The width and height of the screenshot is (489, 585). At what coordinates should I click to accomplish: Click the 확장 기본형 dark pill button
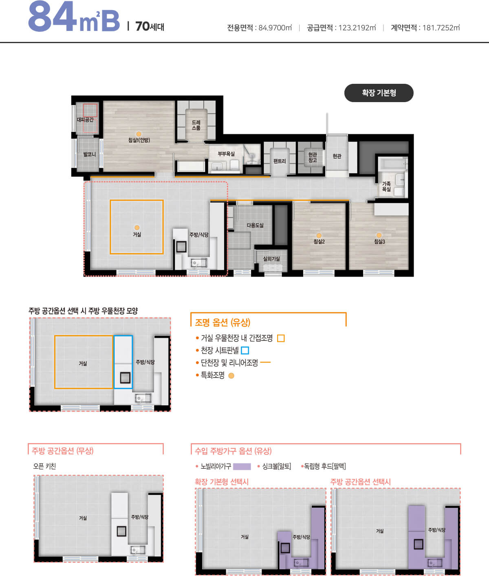coord(379,93)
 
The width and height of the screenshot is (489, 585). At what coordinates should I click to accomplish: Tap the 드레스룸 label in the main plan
coord(196,125)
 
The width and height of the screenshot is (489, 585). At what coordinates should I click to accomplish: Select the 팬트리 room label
coord(280,161)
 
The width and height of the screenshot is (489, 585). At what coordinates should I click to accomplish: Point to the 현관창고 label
coord(313,157)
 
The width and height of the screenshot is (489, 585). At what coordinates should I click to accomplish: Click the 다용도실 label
coord(255,225)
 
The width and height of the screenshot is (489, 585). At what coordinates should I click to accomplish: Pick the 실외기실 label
coord(271,259)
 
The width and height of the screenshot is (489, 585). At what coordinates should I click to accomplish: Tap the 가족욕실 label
coord(386,187)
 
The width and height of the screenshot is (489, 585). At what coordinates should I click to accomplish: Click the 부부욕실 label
coord(226,154)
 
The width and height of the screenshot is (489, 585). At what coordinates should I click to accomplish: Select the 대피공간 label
coord(85,120)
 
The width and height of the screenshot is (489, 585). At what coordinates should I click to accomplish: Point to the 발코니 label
coord(89,155)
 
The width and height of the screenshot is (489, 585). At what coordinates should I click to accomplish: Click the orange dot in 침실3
coord(379,235)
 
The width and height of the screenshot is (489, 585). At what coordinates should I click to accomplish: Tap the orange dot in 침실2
coord(319,236)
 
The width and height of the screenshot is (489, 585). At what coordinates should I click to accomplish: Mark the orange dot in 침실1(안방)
coord(139,134)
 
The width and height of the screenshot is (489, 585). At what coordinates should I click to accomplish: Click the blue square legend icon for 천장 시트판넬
coord(245,350)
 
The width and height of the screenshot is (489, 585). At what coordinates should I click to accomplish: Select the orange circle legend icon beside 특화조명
coord(231,375)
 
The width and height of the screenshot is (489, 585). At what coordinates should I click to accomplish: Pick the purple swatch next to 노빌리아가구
coord(242,466)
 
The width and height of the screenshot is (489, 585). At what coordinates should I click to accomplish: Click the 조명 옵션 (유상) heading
coord(222,323)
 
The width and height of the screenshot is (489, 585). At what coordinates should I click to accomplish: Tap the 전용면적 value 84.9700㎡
coord(275,28)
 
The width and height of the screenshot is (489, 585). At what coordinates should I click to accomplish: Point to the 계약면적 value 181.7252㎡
coord(441,28)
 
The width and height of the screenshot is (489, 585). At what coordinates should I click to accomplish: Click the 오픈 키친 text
coord(45,466)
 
